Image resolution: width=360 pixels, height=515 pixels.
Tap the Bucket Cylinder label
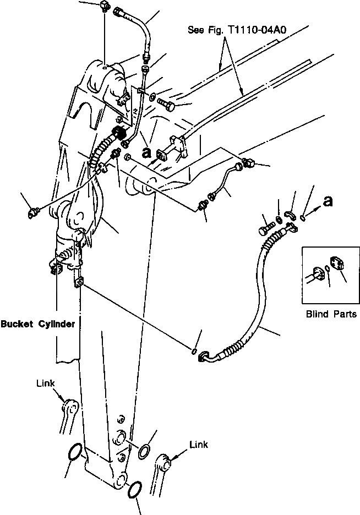(x=38, y=324)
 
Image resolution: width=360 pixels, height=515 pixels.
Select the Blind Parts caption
(x=331, y=315)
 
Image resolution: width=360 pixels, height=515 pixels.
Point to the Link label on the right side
(x=199, y=444)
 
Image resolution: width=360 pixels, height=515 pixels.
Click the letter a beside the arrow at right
(x=328, y=202)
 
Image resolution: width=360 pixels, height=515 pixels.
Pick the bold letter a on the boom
(x=146, y=154)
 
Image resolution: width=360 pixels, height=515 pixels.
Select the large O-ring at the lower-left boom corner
(x=75, y=454)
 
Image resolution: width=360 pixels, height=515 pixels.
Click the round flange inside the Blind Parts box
(x=318, y=274)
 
